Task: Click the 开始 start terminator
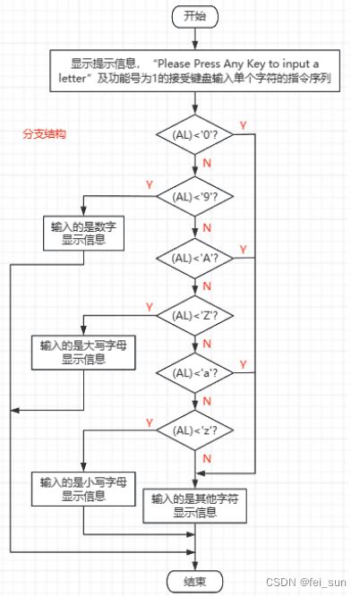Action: tap(193, 16)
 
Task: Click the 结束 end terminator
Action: tap(193, 580)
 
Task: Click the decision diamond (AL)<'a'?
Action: tap(193, 371)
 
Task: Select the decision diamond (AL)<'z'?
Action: tap(193, 430)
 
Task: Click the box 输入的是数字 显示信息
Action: tap(81, 232)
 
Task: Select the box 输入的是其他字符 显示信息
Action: tap(193, 505)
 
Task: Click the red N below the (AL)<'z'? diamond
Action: tap(206, 459)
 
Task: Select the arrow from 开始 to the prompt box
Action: tap(193, 39)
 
